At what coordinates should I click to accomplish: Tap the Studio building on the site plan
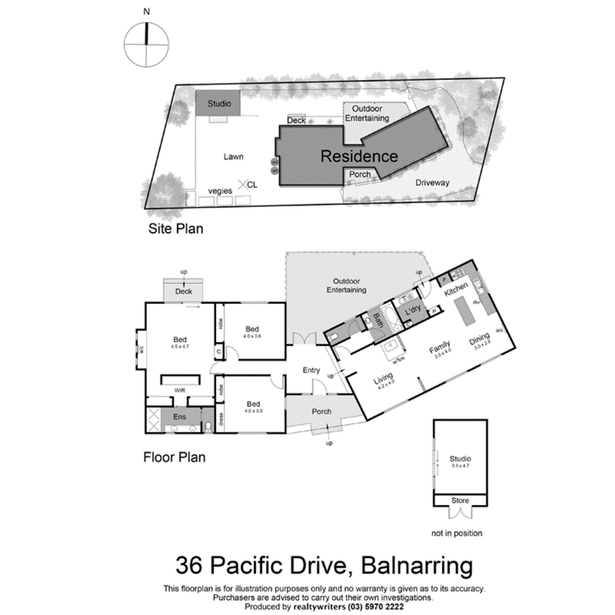pos(218,104)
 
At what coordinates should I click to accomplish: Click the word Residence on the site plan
pos(359,156)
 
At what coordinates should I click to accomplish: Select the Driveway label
pos(432,183)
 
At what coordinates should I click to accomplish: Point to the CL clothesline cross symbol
pos(243,185)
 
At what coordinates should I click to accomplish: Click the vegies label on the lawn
pos(220,191)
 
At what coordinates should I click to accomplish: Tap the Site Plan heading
pos(175,229)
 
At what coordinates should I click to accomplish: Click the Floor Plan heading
pos(174,457)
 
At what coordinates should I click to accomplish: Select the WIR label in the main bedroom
pos(179,391)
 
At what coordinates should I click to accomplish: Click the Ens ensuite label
pos(179,417)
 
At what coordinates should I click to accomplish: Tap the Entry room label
pos(311,371)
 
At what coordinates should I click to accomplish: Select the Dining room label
pos(480,341)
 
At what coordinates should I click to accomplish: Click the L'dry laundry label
pos(413,309)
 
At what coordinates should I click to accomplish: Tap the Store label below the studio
pos(460,500)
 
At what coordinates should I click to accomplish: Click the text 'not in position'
pos(457,533)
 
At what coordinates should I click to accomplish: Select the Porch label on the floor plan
pos(321,412)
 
